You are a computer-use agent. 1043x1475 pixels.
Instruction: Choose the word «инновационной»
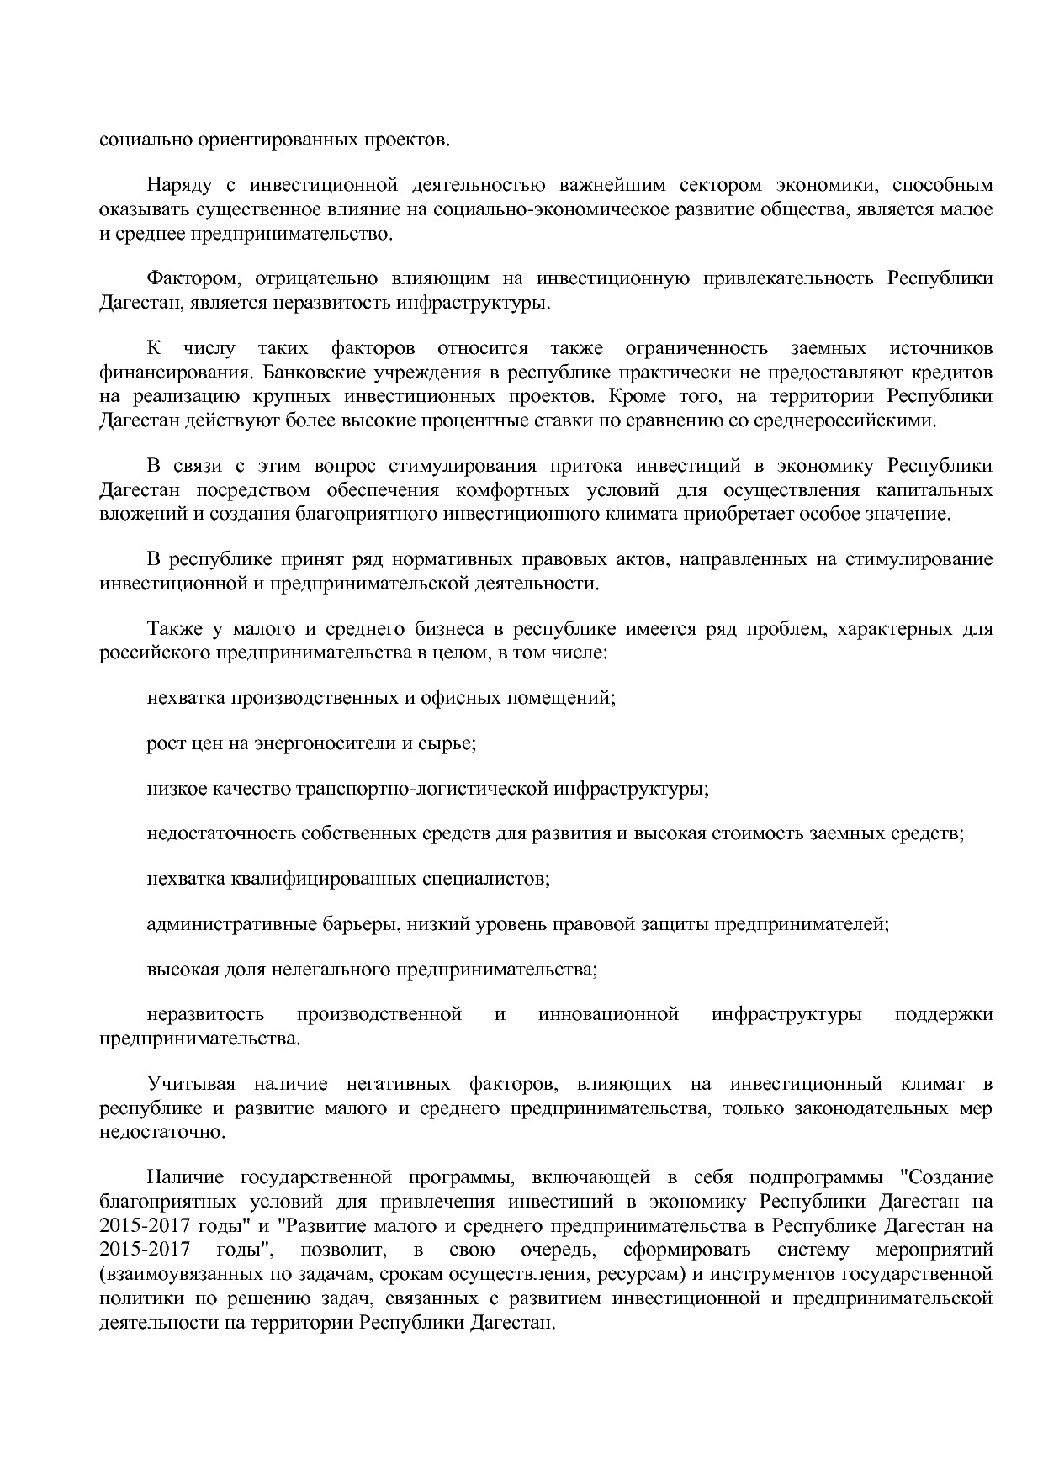(608, 1014)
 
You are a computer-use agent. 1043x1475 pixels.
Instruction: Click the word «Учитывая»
(191, 1085)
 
